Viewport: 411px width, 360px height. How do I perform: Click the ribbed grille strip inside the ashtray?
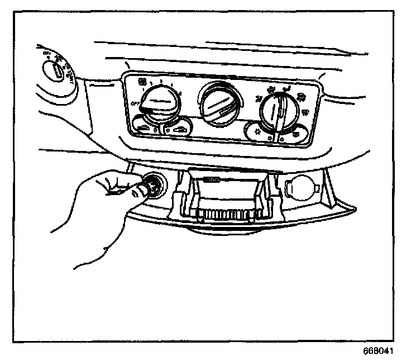pos(226,214)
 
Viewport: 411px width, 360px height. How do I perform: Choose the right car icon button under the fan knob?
pos(178,130)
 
